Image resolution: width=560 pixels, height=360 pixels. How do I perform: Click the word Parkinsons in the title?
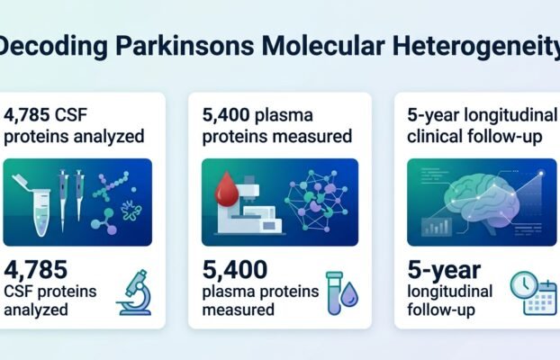pos(185,46)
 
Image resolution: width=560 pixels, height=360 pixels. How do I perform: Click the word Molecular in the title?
pos(323,45)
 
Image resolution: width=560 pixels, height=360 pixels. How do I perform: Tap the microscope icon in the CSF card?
pos(134,292)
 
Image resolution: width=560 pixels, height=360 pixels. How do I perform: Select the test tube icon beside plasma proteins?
pos(334,293)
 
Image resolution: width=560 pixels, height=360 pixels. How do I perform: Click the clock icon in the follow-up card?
pos(524,285)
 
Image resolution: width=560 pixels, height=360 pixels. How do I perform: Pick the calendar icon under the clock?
pos(540,299)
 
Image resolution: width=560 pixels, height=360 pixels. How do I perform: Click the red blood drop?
pos(226,189)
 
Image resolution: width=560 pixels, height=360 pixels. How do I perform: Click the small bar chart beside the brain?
pos(437,227)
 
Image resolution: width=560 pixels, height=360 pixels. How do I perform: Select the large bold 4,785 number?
pos(35,269)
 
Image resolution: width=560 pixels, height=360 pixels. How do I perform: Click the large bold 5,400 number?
pos(235,269)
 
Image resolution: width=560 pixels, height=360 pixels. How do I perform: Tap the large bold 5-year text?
pos(444,270)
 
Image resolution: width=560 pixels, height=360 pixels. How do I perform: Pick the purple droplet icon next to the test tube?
pos(349,294)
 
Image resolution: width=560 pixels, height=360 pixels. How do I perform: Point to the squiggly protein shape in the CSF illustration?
pos(131,211)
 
